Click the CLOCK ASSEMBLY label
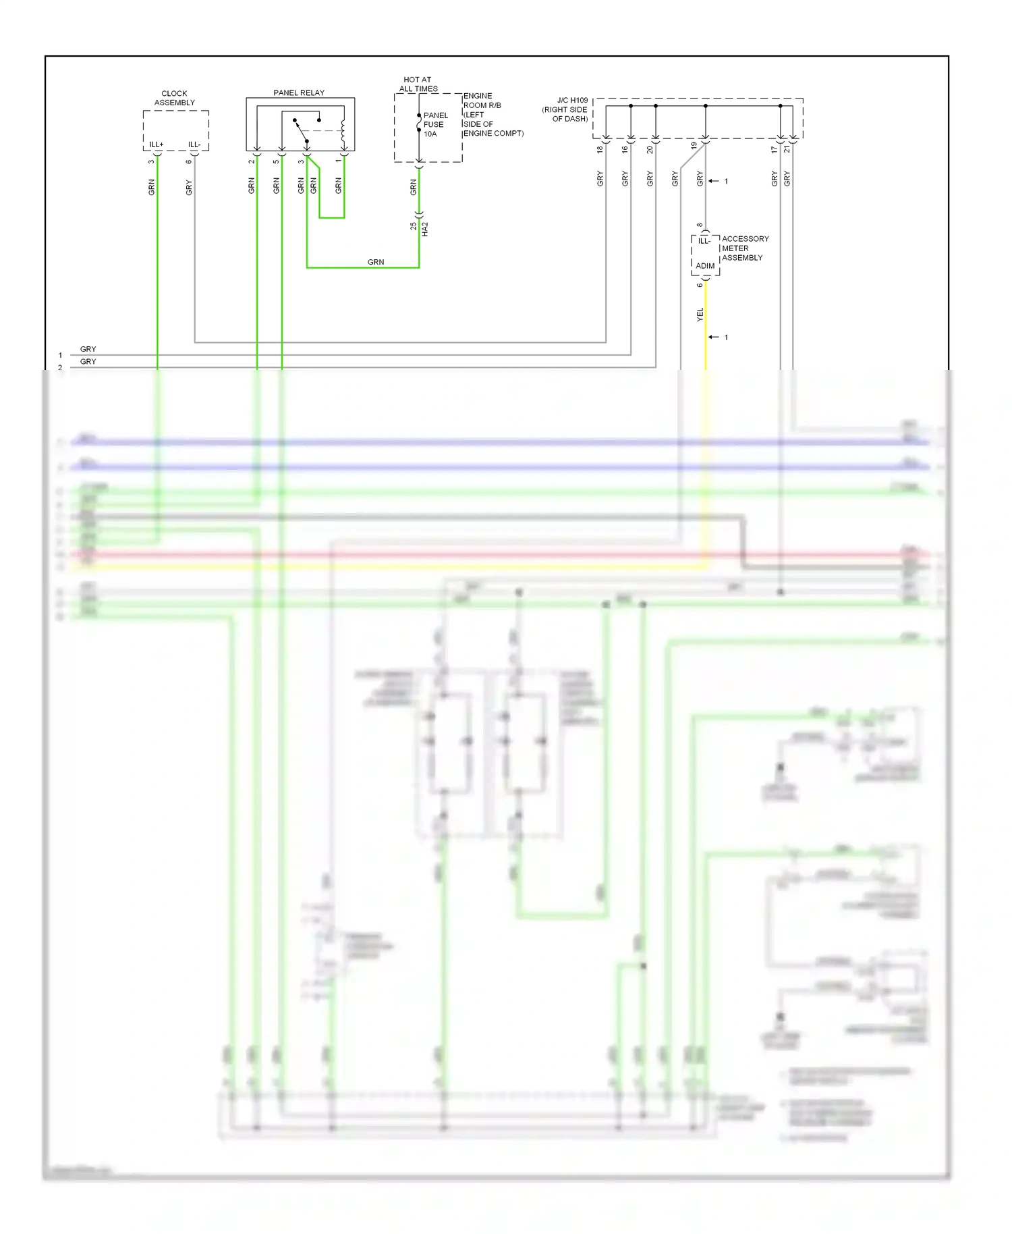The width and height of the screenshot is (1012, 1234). click(174, 98)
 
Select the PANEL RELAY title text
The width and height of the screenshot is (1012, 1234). click(298, 92)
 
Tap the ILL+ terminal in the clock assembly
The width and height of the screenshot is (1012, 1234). click(156, 144)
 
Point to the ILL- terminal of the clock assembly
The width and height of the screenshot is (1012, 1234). click(194, 144)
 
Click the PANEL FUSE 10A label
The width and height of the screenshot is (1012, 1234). click(434, 124)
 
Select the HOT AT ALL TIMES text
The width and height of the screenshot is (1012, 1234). click(418, 84)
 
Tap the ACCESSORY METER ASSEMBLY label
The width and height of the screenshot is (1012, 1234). click(744, 248)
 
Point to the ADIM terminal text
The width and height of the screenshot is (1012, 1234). click(705, 266)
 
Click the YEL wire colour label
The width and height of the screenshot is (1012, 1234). click(700, 314)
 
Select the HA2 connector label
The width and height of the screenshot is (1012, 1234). click(425, 229)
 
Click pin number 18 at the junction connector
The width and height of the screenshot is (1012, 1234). click(600, 149)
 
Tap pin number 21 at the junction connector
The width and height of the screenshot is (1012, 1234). click(787, 149)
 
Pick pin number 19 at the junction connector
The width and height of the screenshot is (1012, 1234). click(694, 145)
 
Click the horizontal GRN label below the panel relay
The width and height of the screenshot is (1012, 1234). click(376, 262)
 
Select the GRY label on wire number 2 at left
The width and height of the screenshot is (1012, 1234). click(88, 362)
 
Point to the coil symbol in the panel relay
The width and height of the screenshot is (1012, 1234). click(343, 132)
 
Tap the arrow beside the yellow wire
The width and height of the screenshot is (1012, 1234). click(714, 337)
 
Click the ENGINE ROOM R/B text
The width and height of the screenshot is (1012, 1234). click(482, 101)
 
